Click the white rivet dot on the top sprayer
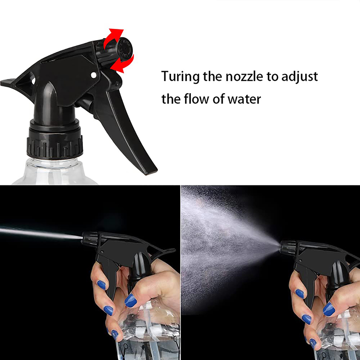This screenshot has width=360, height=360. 93,75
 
